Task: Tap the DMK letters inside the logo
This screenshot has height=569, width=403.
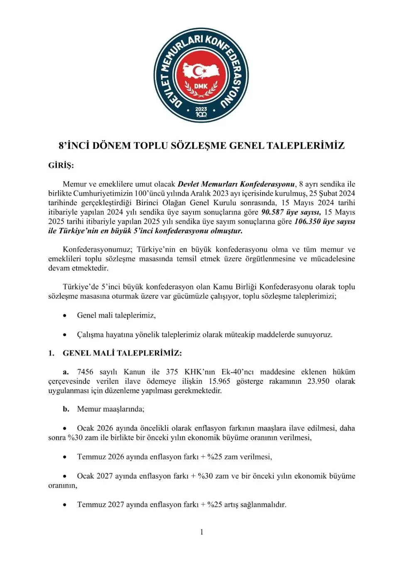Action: point(201,86)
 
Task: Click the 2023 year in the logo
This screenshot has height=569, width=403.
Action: point(201,109)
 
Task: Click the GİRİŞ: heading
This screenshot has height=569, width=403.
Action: point(61,165)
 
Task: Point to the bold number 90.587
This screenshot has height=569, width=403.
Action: point(272,212)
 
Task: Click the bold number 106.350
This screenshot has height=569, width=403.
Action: point(307,221)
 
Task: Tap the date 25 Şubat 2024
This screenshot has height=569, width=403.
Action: point(332,194)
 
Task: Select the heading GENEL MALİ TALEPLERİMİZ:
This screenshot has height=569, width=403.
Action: point(122,353)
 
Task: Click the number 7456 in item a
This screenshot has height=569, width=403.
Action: point(85,372)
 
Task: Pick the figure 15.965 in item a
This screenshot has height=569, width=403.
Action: point(219,381)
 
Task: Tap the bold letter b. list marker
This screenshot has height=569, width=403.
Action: point(66,409)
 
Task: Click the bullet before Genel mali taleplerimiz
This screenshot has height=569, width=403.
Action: point(65,316)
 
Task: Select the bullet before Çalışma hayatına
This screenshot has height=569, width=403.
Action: point(65,335)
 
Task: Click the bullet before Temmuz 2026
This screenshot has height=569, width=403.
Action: point(65,457)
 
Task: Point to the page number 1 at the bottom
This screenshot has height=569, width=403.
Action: point(201,532)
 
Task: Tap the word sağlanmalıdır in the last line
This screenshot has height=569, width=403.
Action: point(261,505)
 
